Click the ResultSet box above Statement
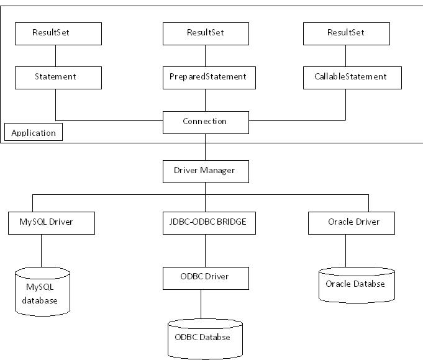(x=58, y=34)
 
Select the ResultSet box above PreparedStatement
(x=206, y=34)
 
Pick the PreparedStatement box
(x=206, y=78)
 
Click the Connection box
(x=206, y=122)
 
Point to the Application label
(x=34, y=133)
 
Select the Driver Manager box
(x=206, y=171)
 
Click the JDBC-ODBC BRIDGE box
(x=206, y=222)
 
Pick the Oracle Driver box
(x=352, y=222)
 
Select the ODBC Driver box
(x=206, y=277)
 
